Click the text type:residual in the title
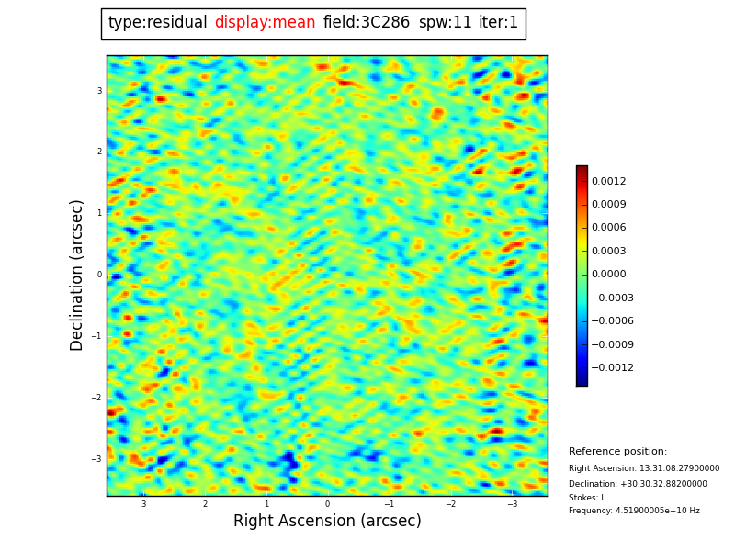(157, 23)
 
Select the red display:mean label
(265, 23)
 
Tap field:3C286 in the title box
(366, 23)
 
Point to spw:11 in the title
(445, 23)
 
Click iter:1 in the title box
(498, 23)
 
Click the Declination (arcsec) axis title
(77, 275)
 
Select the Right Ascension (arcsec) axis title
(327, 522)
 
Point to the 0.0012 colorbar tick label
(608, 181)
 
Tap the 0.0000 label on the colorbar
(608, 274)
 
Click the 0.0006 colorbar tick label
(608, 228)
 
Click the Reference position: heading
(617, 452)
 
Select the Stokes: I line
(586, 498)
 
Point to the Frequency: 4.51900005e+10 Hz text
(634, 511)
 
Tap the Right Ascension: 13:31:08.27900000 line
(644, 468)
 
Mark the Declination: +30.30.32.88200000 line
(638, 484)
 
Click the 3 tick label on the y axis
(99, 91)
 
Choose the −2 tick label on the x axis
(451, 504)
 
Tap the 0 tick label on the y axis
(99, 275)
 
